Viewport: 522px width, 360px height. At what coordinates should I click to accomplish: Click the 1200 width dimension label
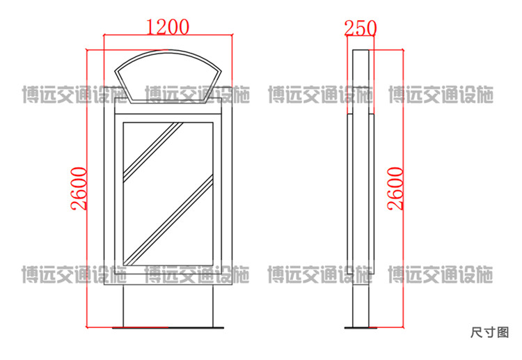[x=168, y=26]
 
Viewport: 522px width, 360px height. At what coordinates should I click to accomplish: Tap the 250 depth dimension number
[x=361, y=28]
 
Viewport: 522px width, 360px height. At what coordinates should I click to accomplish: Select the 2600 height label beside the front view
[x=79, y=189]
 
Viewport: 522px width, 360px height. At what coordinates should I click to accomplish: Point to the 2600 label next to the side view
[x=395, y=189]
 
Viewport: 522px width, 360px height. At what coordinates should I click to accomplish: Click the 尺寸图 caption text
[x=490, y=332]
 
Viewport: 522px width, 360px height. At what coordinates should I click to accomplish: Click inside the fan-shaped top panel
[x=168, y=77]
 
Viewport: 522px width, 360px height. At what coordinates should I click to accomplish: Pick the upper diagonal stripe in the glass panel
[x=153, y=152]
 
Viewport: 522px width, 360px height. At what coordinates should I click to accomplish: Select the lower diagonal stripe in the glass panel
[x=169, y=220]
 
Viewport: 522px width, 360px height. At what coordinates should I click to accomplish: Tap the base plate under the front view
[x=168, y=328]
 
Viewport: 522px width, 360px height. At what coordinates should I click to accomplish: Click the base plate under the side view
[x=361, y=328]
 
